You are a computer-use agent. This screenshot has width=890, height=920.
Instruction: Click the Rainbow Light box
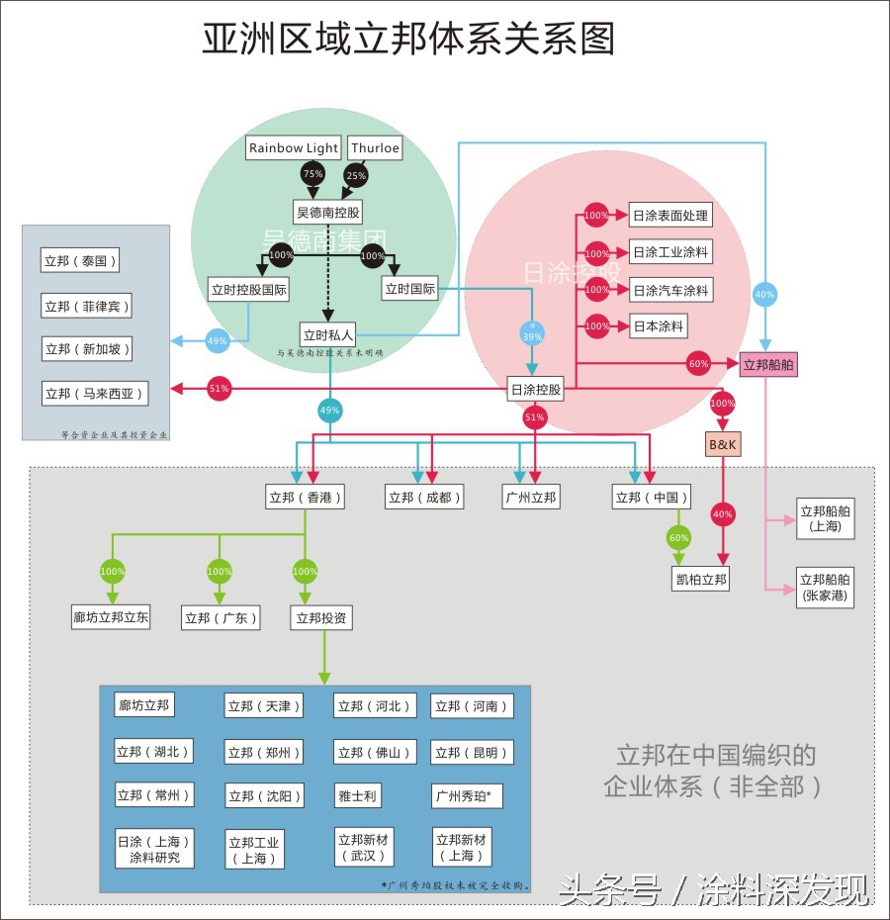click(x=294, y=148)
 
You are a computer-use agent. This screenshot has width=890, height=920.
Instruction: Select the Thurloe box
click(x=375, y=148)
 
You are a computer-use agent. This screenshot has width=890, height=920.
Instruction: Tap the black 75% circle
click(x=313, y=174)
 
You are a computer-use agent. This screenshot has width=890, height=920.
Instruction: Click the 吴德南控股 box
click(x=328, y=213)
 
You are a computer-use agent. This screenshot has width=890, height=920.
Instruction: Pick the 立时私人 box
click(x=328, y=334)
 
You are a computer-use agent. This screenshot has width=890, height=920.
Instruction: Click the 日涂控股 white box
click(x=536, y=390)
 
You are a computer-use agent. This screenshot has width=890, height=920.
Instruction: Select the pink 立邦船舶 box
click(x=768, y=364)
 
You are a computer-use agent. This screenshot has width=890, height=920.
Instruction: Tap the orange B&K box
click(x=723, y=445)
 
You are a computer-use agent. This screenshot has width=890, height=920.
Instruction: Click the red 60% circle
click(x=698, y=364)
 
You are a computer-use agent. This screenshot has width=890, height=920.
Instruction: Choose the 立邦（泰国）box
click(x=80, y=261)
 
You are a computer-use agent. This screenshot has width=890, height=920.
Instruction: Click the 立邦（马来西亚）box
click(x=95, y=393)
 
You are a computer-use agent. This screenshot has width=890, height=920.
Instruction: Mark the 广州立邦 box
click(x=530, y=497)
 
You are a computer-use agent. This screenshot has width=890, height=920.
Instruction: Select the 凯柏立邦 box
click(x=701, y=579)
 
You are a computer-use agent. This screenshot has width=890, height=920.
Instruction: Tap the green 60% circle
click(x=678, y=537)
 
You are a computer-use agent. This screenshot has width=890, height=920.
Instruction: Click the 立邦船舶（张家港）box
click(x=825, y=587)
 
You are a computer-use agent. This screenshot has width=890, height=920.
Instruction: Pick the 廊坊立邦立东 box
click(x=111, y=618)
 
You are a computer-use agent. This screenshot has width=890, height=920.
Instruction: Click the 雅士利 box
click(x=357, y=795)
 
